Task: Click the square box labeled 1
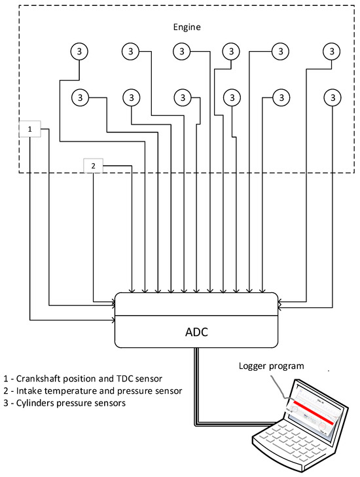pyautogui.click(x=29, y=129)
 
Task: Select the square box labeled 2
pyautogui.click(x=93, y=166)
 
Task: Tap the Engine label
pyautogui.click(x=187, y=27)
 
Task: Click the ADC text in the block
pyautogui.click(x=196, y=332)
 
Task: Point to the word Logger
pyautogui.click(x=253, y=366)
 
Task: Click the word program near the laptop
pyautogui.click(x=287, y=366)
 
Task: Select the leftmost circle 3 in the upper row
pyautogui.click(x=79, y=51)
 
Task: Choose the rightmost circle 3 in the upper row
pyautogui.click(x=331, y=51)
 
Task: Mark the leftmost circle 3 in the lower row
pyautogui.click(x=81, y=98)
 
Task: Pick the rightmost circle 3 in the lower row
pyautogui.click(x=333, y=98)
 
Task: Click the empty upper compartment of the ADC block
pyautogui.click(x=196, y=304)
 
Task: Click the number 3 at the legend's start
pyautogui.click(x=6, y=403)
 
